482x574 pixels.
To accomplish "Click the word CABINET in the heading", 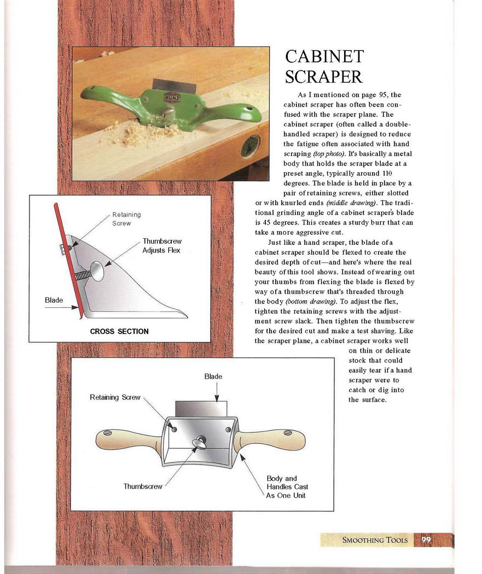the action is (x=324, y=57).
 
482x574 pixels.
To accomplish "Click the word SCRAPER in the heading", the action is (x=324, y=77).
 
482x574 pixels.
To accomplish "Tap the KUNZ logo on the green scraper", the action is (x=171, y=97).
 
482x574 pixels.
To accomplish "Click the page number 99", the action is (x=426, y=540).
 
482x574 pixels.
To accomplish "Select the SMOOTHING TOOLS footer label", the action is (x=375, y=540).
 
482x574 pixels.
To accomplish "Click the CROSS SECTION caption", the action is (x=119, y=331).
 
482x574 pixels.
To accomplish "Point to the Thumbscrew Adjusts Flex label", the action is (x=162, y=245).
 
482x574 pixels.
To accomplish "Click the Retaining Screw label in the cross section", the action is (x=126, y=219).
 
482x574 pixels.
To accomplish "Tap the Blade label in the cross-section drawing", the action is (x=54, y=300).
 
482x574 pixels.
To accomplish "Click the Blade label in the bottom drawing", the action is (x=213, y=376).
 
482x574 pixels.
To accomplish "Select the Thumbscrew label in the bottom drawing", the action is (x=143, y=487).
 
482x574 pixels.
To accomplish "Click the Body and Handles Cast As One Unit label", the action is (x=287, y=487).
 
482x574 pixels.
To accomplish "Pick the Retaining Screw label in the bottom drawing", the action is (x=115, y=397).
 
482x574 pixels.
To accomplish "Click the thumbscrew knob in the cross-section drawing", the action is (x=97, y=271).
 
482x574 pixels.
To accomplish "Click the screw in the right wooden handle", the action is (x=288, y=433).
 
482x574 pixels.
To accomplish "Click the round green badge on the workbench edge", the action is (x=250, y=146).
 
